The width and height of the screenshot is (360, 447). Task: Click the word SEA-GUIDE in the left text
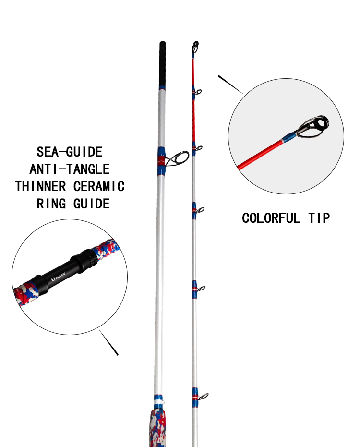(69, 152)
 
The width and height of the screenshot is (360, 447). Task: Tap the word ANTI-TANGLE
(70, 169)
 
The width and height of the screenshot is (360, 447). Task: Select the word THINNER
(40, 186)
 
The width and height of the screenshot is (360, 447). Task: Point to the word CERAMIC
(99, 186)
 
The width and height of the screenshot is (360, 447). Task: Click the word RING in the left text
(51, 204)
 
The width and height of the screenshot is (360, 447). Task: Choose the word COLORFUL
(271, 218)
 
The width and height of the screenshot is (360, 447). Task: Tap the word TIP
(319, 218)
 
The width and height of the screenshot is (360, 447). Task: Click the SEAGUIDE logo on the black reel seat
(58, 276)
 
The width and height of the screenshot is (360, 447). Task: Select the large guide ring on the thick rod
(178, 158)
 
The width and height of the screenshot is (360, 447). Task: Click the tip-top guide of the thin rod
(195, 47)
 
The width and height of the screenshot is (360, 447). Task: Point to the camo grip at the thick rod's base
(158, 428)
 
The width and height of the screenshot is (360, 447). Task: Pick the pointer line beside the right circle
(230, 85)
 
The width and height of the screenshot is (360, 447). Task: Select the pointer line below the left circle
(108, 343)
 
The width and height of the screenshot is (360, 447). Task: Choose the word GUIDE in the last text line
(92, 204)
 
